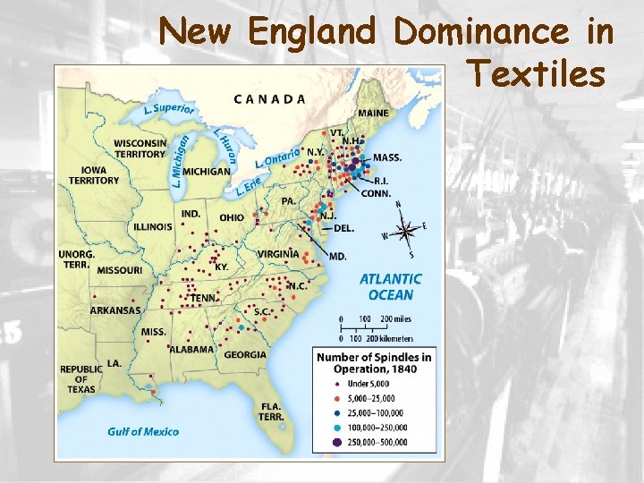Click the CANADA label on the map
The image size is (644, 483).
(269, 99)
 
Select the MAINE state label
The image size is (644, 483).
(373, 114)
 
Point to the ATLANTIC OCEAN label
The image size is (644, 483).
(391, 287)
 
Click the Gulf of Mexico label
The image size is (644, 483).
(143, 431)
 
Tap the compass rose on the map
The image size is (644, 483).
(404, 231)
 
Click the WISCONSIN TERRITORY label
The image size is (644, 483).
(140, 148)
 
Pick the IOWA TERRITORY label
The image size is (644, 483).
(93, 174)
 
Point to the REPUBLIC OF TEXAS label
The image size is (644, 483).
(81, 379)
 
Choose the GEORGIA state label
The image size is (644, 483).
(245, 354)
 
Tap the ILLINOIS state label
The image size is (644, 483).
(153, 227)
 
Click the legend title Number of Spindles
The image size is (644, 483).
(374, 363)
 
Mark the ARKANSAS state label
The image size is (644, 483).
(115, 310)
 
